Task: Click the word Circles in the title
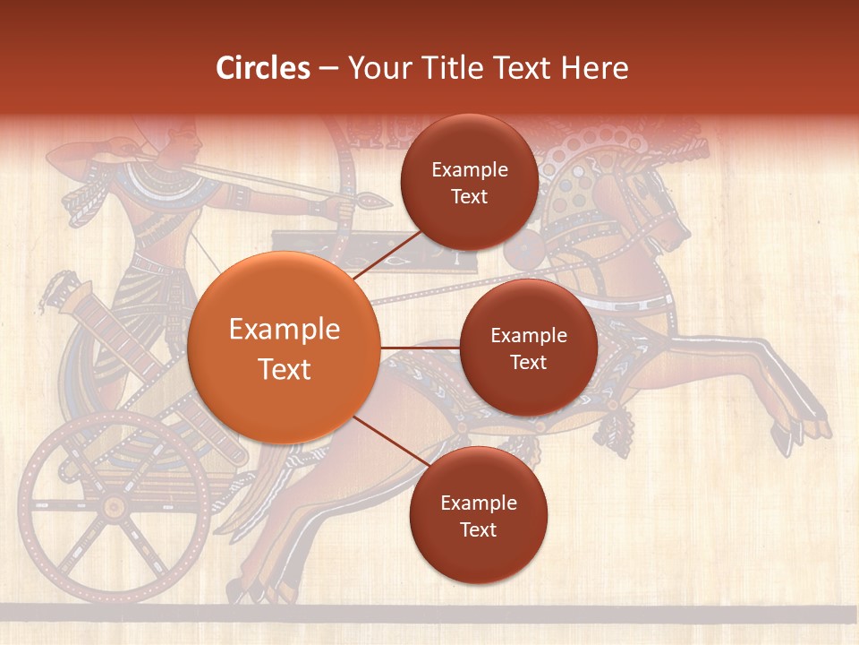coord(262,68)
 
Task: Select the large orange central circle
coord(284,348)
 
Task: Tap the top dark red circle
coord(469,182)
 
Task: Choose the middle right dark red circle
coord(528,348)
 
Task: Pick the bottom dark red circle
coord(478,515)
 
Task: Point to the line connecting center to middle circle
coord(420,348)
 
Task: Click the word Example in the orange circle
coord(284,330)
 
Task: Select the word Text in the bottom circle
coord(478,529)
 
